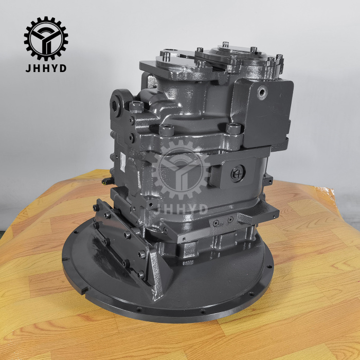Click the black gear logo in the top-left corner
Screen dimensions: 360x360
(x=46, y=39)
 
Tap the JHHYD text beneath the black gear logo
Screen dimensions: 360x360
(x=46, y=68)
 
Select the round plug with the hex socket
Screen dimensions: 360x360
(x=237, y=173)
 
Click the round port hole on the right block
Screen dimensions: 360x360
(x=263, y=93)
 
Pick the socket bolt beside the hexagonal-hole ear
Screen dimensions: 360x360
(x=137, y=106)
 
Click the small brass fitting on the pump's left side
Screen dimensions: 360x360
(x=106, y=181)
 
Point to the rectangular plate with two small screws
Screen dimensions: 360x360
(x=222, y=222)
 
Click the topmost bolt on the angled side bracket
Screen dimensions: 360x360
(x=96, y=208)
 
